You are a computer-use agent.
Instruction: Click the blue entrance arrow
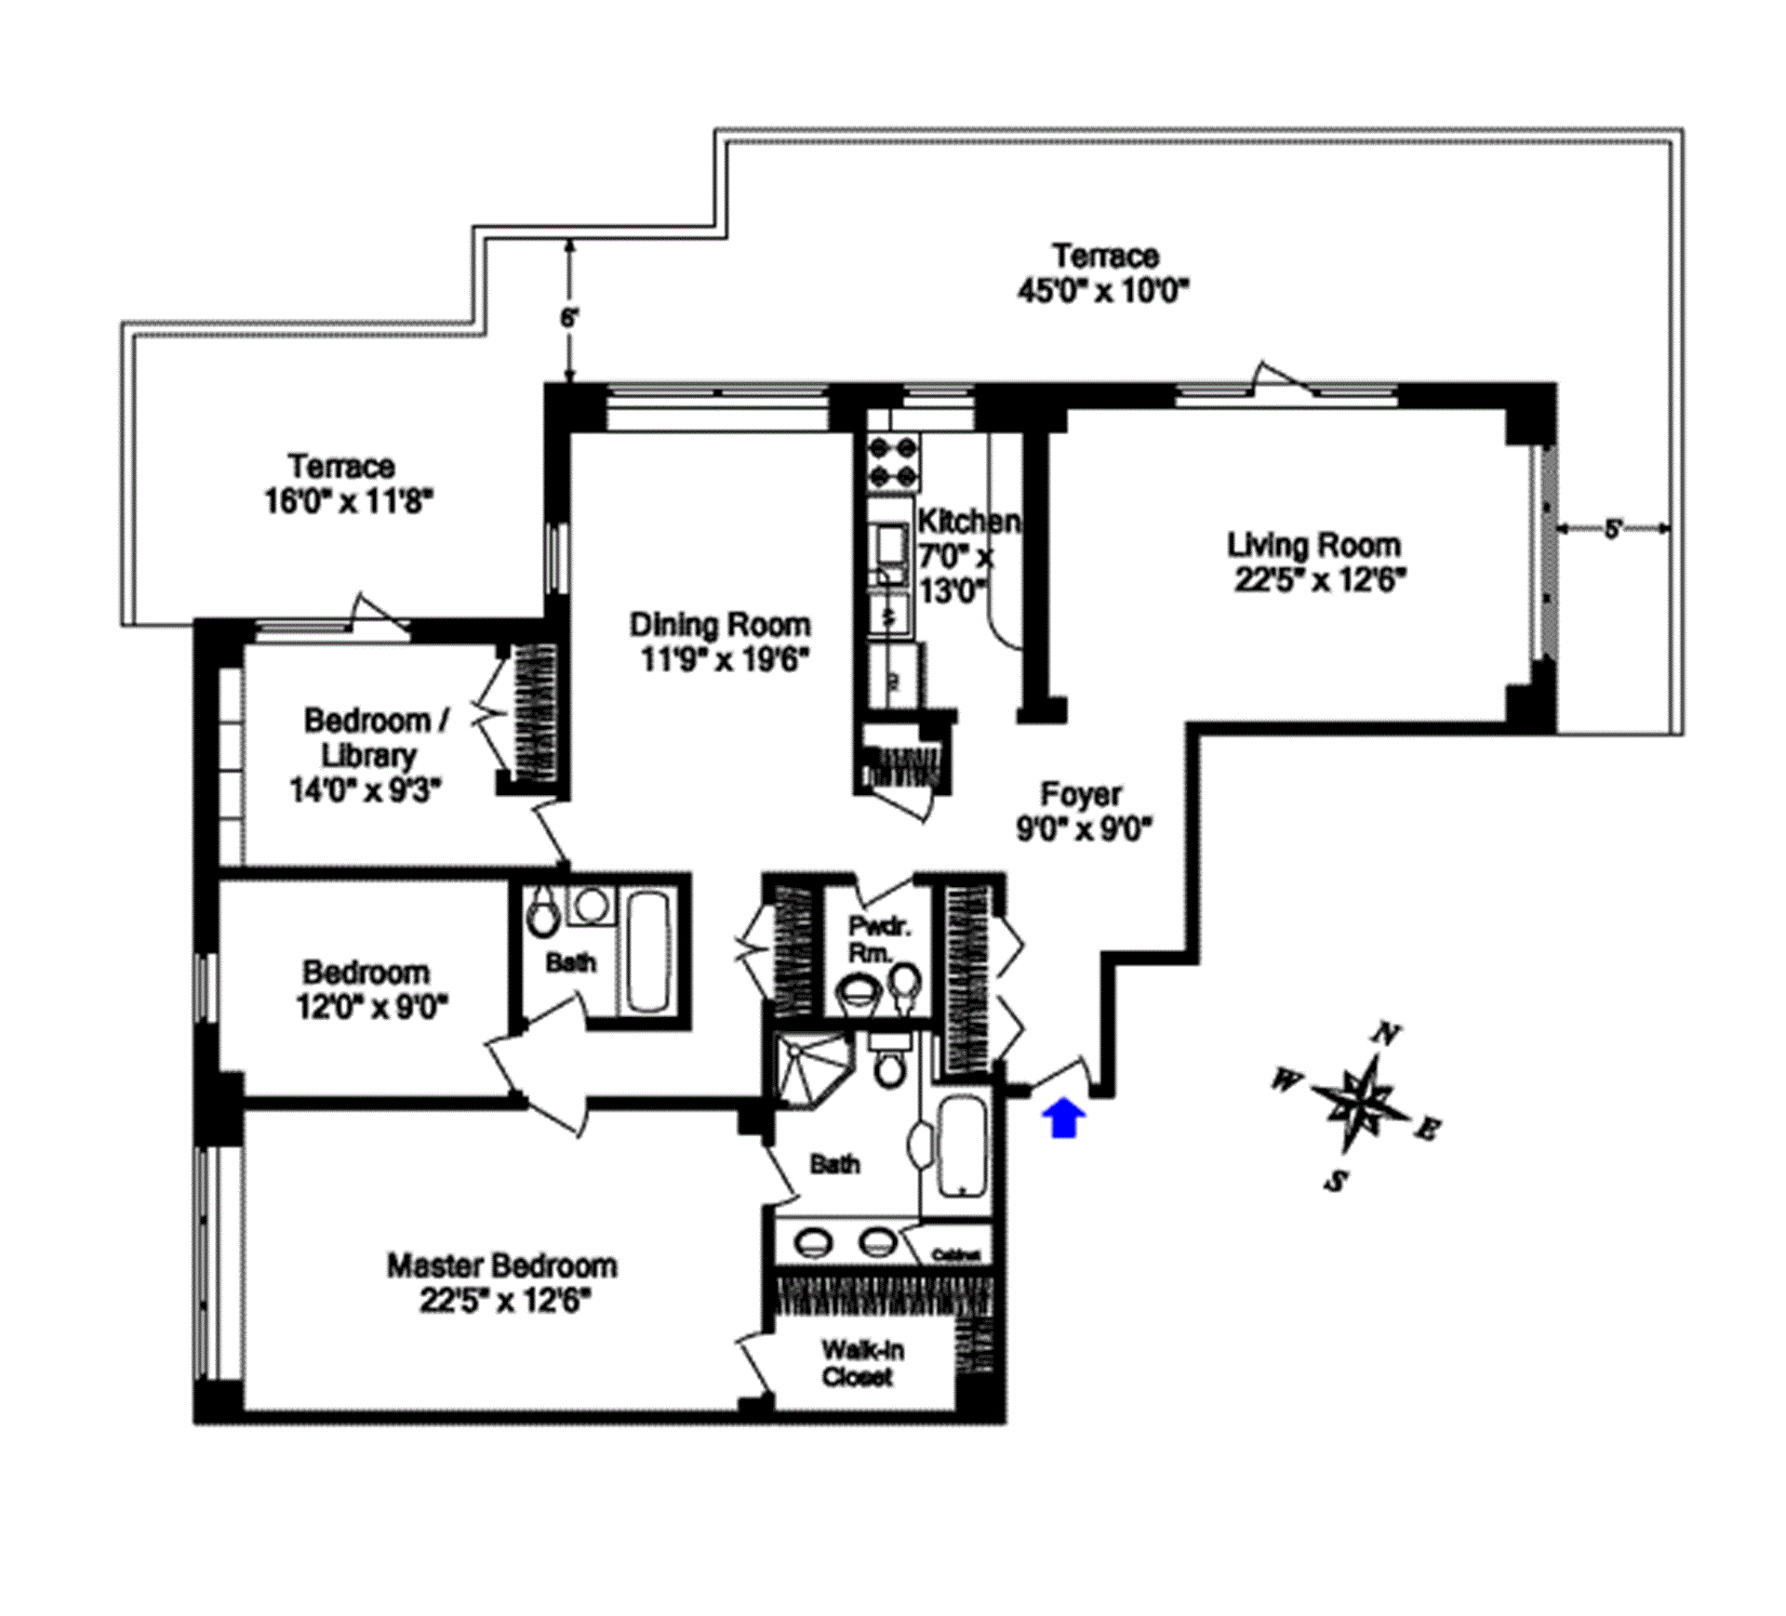[1067, 1117]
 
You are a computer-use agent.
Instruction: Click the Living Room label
[1313, 545]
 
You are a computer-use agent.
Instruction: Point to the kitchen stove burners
[893, 463]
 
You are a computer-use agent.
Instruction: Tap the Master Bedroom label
[502, 1265]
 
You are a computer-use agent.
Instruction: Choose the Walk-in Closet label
[861, 1363]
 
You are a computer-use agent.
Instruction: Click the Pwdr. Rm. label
[879, 939]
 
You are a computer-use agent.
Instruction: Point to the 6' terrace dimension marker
[569, 316]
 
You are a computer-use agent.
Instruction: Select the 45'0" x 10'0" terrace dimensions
[1104, 291]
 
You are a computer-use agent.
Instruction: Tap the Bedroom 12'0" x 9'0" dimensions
[372, 1006]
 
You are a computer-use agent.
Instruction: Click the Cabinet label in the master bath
[956, 1255]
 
